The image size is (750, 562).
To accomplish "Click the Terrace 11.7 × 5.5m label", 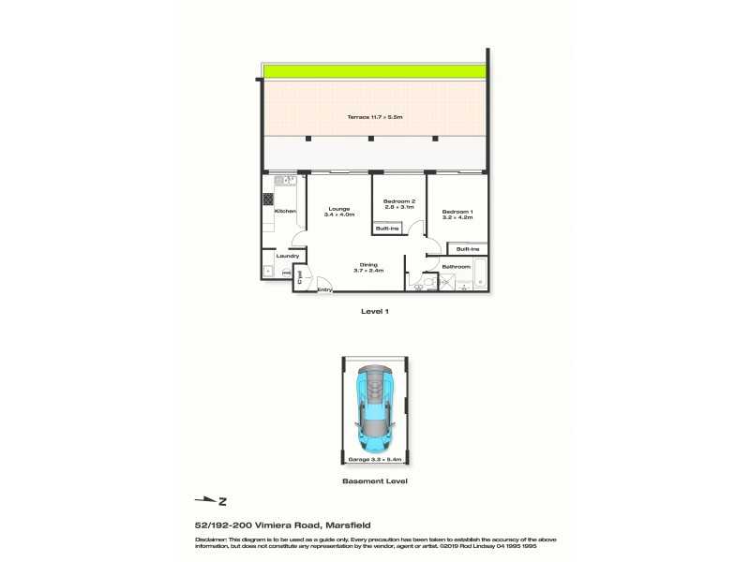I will pyautogui.click(x=374, y=116).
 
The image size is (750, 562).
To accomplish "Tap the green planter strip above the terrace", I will pyautogui.click(x=374, y=72).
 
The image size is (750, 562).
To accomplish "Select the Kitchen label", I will pyautogui.click(x=285, y=212).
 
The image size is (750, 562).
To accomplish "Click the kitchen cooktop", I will pyautogui.click(x=268, y=199).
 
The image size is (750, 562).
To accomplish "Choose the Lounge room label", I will pyautogui.click(x=338, y=212).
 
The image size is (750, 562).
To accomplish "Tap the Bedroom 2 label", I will pyautogui.click(x=401, y=204).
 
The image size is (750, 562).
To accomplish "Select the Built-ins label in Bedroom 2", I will pyautogui.click(x=386, y=228).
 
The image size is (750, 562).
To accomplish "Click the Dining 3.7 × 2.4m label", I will pyautogui.click(x=369, y=267).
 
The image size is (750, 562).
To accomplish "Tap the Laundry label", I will pyautogui.click(x=287, y=256).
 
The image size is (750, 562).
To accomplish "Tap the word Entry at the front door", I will pyautogui.click(x=324, y=289).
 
